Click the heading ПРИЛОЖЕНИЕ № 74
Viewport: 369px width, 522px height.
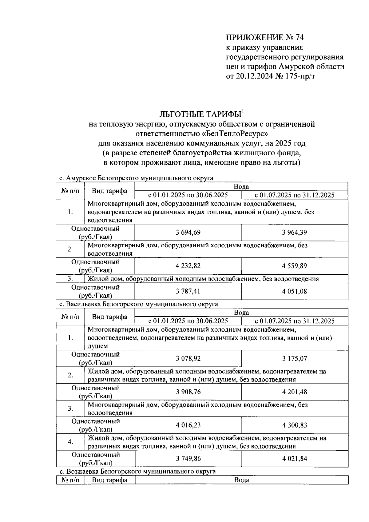click(x=265, y=38)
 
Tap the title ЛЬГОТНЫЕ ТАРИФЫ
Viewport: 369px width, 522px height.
click(x=200, y=114)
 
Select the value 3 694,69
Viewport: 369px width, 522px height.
click(x=188, y=233)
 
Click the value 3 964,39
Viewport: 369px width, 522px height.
click(x=294, y=233)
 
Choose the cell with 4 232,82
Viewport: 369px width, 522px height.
click(x=188, y=266)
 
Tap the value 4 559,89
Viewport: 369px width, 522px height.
click(x=294, y=266)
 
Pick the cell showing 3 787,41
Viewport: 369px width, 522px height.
click(x=188, y=291)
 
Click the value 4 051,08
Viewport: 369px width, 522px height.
click(x=294, y=291)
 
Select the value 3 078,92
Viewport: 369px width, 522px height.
click(x=188, y=358)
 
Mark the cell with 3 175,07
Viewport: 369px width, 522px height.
click(x=295, y=358)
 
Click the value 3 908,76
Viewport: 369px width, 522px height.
click(x=188, y=392)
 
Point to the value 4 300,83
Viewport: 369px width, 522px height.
click(x=295, y=425)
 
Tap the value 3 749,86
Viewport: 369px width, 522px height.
click(x=188, y=459)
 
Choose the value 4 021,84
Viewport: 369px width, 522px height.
click(x=295, y=459)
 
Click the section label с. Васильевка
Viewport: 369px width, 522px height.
click(x=80, y=304)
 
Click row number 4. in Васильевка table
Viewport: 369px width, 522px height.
click(x=70, y=442)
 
